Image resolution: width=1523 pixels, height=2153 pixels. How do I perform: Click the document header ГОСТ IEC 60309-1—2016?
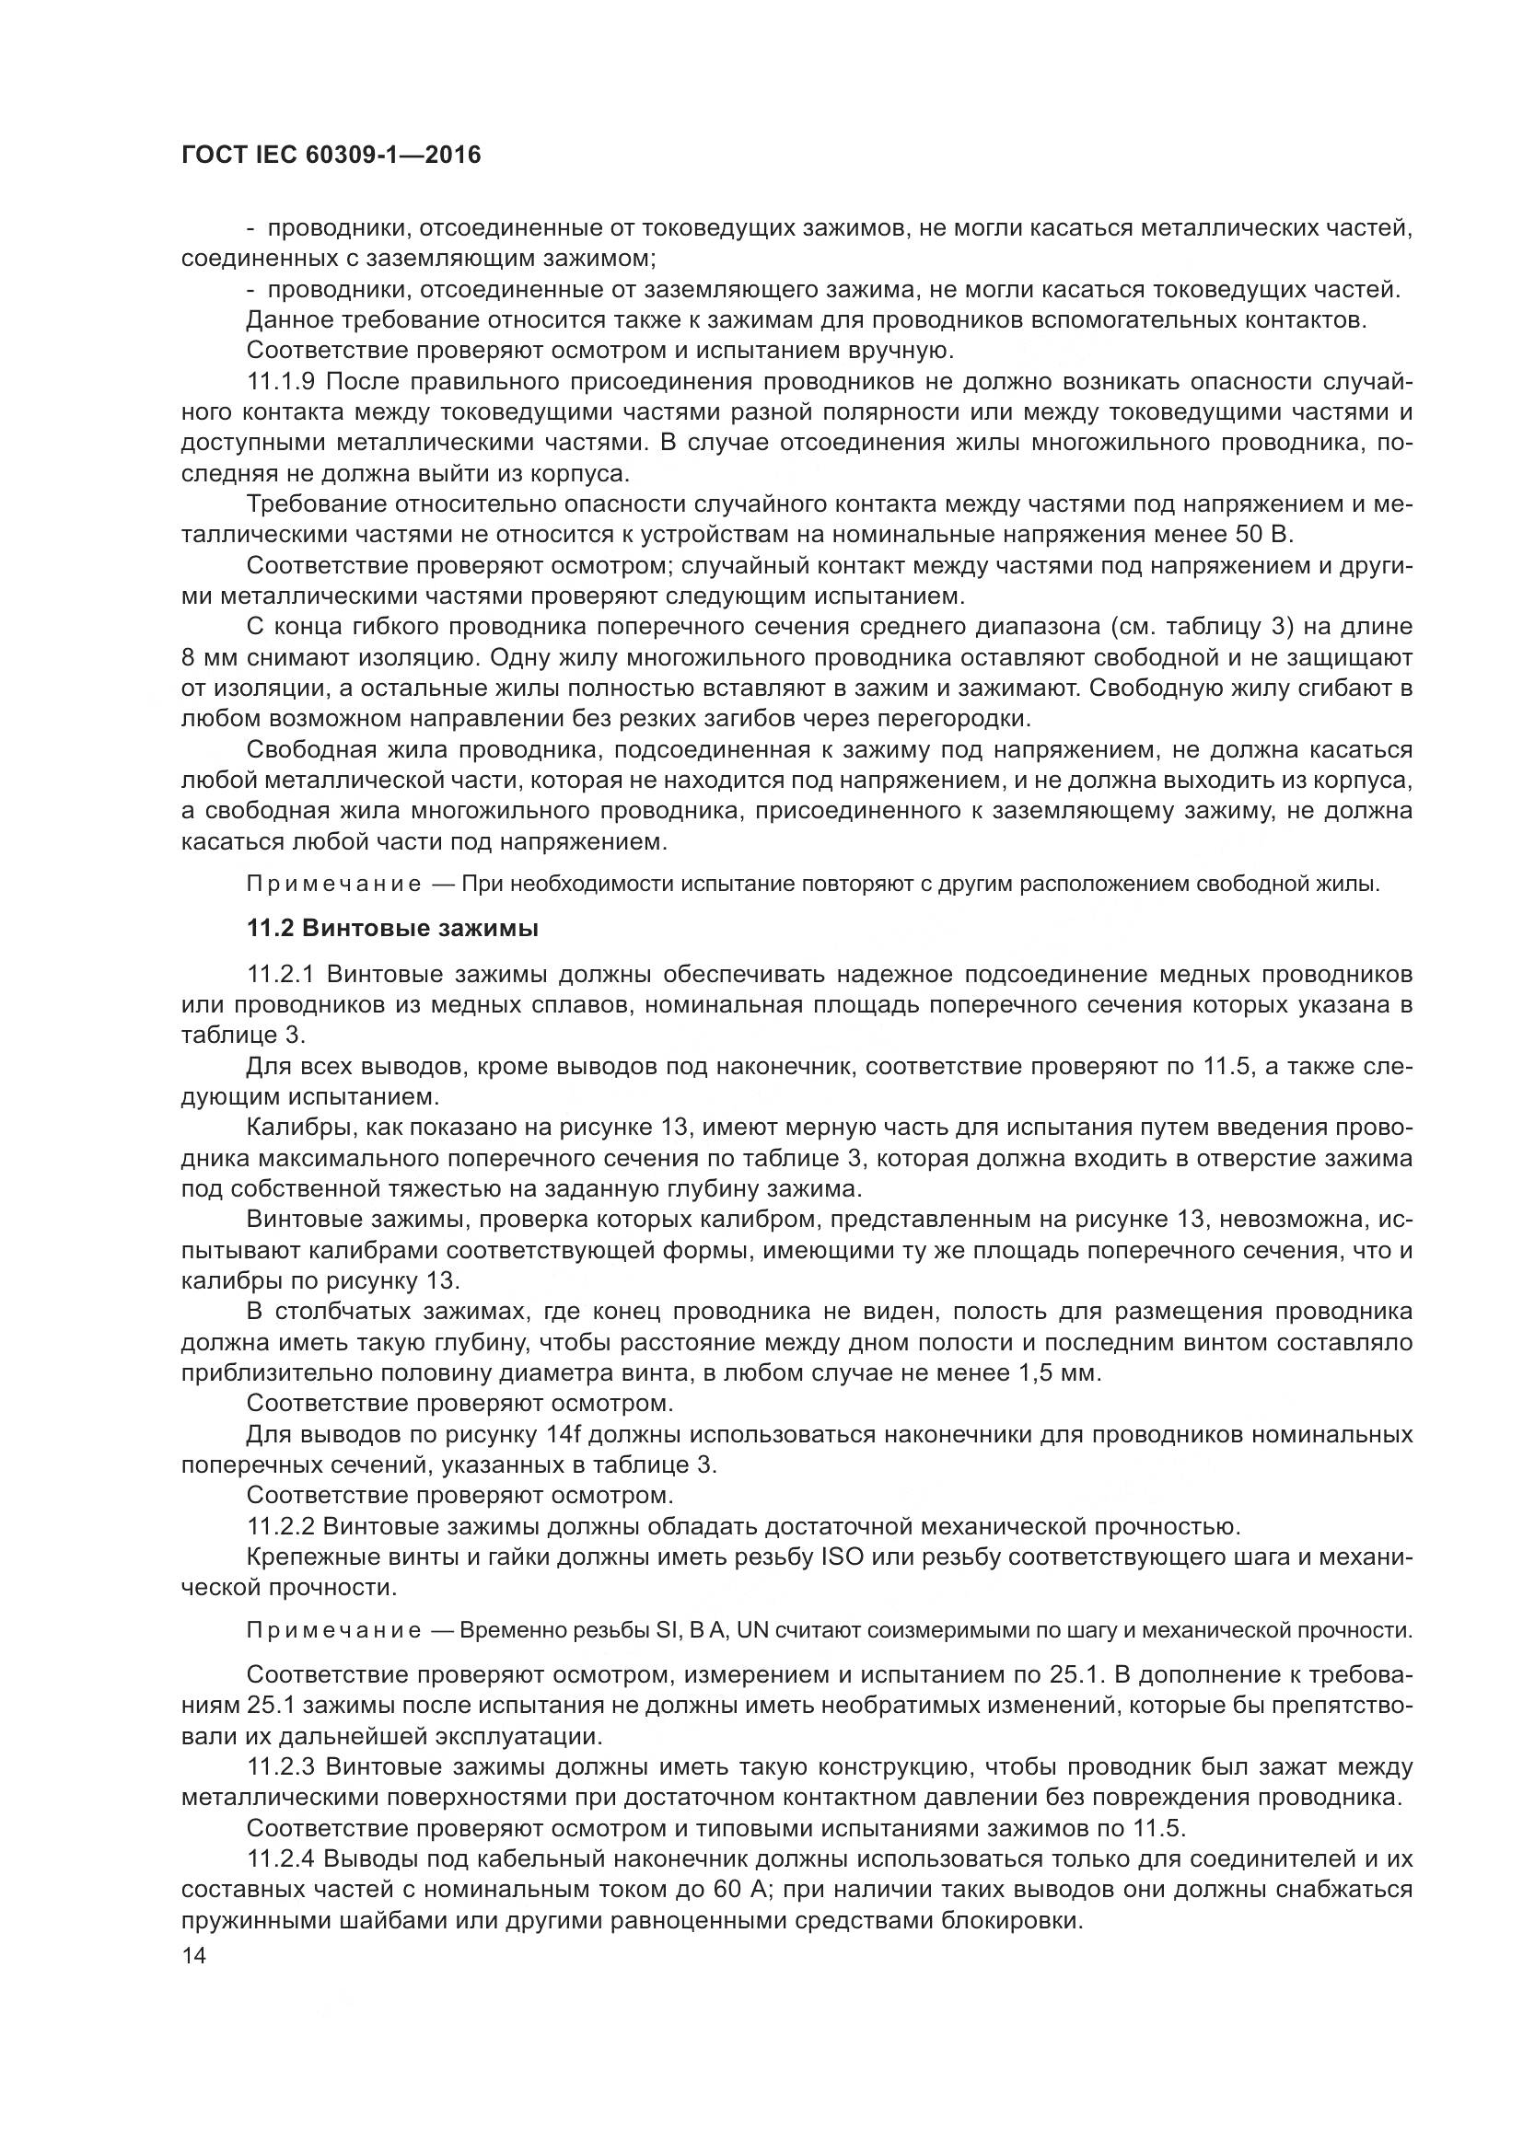pos(331,156)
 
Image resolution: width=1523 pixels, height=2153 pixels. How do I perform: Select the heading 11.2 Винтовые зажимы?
pos(392,929)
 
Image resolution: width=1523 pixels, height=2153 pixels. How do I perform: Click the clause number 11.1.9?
pos(285,382)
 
